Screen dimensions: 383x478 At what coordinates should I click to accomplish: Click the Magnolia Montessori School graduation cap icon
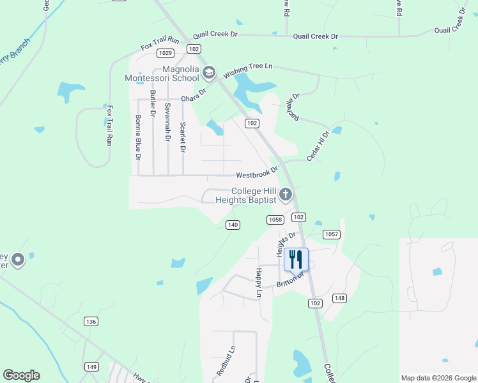coord(208,73)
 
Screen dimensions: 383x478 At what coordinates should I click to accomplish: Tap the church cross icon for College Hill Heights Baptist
coord(286,195)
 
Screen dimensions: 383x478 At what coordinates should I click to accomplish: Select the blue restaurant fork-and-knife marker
coord(295,259)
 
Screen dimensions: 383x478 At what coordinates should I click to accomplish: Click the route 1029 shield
coord(166,53)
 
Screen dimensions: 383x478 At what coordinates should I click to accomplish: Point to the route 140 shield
coord(233,224)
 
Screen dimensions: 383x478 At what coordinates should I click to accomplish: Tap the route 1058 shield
coord(275,220)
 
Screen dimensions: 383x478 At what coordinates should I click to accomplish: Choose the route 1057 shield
coord(331,234)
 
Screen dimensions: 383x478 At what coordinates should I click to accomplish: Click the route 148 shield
coord(339,298)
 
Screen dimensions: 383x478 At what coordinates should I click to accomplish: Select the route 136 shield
coord(91,321)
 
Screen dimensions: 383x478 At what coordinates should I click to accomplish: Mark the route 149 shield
coord(92,366)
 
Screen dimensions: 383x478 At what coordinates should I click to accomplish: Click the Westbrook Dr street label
coord(257,173)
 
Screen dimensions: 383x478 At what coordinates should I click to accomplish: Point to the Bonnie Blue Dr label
coord(137,137)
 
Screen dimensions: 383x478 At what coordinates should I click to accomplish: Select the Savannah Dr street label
coord(168,121)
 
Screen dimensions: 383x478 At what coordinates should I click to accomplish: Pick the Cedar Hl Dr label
coord(318,146)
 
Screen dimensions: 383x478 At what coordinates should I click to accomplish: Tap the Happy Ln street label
coord(259,283)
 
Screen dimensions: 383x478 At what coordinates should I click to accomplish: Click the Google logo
coord(21,375)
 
